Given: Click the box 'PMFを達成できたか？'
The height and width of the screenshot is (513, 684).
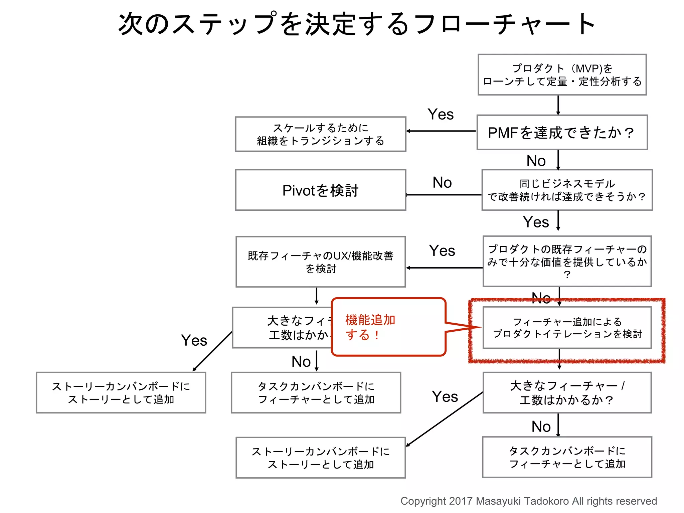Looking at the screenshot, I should click(x=562, y=132).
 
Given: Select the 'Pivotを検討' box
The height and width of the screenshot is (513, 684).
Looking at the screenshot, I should click(x=320, y=190).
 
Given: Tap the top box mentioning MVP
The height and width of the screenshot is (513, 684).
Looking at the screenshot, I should click(x=562, y=75).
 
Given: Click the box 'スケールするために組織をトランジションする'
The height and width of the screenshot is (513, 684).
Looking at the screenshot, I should click(x=320, y=134).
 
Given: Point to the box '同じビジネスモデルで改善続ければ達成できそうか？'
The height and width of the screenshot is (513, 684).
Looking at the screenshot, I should click(x=567, y=190).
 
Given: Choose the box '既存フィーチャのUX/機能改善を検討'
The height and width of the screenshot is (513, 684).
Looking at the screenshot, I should click(x=320, y=262).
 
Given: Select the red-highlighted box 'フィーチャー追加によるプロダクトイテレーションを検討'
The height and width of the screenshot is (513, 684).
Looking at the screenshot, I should click(x=567, y=328).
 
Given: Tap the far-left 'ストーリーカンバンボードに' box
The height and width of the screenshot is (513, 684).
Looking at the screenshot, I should click(x=121, y=393).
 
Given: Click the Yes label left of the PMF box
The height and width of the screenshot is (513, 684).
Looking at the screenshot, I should click(x=441, y=115).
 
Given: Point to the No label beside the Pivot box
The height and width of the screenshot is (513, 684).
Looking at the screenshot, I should click(x=442, y=183).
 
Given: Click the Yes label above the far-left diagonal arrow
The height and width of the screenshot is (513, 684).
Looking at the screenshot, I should click(x=194, y=341).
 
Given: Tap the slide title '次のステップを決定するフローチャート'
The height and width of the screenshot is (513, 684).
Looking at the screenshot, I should click(x=357, y=24).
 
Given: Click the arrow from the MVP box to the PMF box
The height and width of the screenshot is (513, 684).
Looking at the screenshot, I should click(x=558, y=105).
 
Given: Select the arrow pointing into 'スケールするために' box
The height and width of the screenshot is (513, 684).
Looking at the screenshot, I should click(x=441, y=131).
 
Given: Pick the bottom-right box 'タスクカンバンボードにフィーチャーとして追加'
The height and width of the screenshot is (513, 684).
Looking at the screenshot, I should click(x=567, y=457).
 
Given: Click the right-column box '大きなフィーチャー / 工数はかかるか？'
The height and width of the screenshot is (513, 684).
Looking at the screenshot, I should click(x=567, y=393).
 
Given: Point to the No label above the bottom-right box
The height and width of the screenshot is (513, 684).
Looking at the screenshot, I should click(x=541, y=427).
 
